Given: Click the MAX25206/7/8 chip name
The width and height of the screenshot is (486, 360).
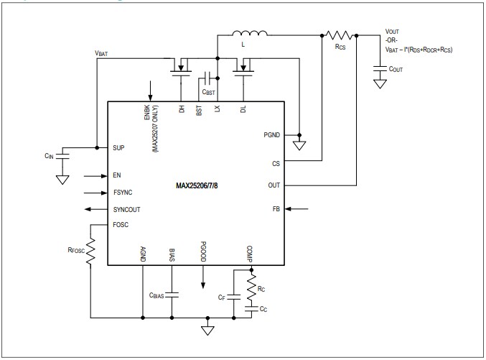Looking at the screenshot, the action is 197,185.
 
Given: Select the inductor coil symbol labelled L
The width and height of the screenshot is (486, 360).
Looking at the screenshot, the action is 250,33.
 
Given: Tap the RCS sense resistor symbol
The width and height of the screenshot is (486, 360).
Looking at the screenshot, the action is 340,35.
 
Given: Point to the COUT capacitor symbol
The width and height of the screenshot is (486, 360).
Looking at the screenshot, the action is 380,68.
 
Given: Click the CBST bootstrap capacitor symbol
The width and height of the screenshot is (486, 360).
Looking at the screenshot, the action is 207,78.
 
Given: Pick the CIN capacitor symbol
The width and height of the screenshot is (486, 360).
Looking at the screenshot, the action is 62,156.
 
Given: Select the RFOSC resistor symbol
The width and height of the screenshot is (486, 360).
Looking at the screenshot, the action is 90,251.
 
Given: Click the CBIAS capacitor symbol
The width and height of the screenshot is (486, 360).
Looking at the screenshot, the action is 172,295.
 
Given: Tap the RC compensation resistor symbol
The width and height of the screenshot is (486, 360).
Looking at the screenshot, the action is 252,287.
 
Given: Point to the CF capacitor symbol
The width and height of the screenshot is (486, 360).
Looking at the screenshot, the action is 234,297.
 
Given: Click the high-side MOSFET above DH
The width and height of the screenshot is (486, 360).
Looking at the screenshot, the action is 181,68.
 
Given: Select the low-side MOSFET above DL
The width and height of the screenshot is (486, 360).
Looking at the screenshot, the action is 243,68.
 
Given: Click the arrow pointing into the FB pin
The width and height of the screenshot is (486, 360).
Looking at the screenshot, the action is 296,209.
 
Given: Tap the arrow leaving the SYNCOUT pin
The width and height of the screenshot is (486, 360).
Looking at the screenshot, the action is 96,209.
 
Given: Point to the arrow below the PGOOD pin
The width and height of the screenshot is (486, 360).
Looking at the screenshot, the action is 203,277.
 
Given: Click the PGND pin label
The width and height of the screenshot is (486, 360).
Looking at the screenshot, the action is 272,135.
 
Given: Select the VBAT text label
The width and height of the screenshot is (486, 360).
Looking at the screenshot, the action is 101,53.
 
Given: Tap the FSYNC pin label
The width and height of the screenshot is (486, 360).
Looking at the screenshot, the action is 123,193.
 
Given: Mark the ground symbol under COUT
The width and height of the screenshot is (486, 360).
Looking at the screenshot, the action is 380,84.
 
